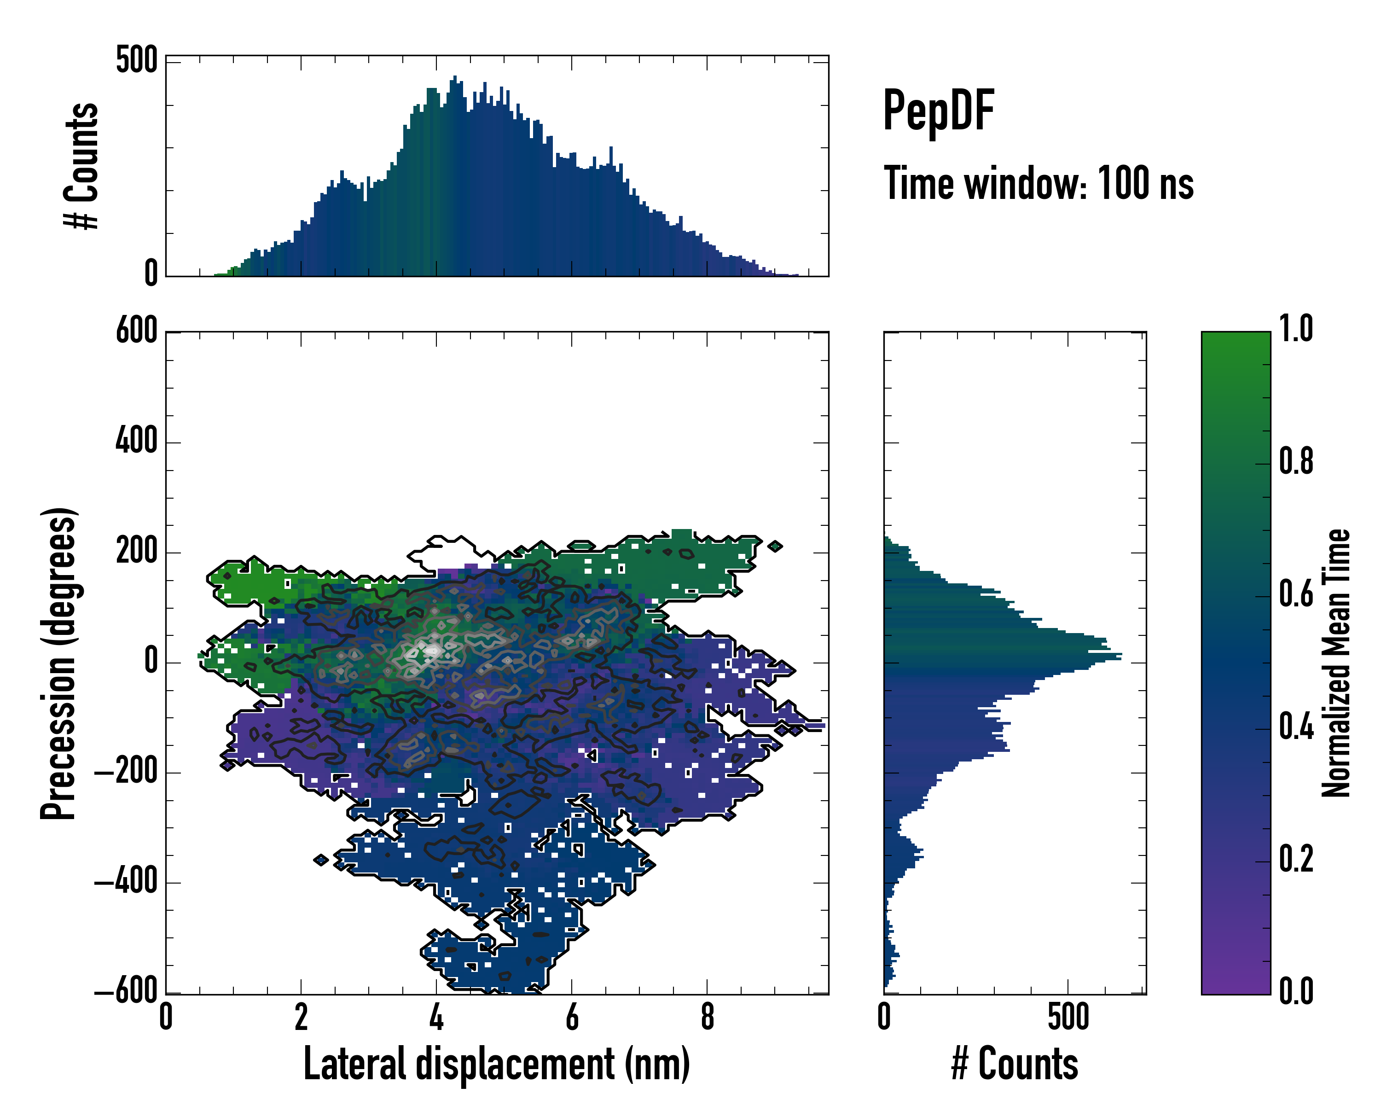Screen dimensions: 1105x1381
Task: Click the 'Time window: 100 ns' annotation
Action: click(1039, 184)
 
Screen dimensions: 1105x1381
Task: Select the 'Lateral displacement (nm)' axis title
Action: click(496, 1064)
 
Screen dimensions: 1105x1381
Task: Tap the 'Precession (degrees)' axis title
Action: click(59, 663)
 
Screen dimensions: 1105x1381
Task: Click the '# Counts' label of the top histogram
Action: click(82, 166)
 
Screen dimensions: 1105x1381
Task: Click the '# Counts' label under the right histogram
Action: click(1015, 1064)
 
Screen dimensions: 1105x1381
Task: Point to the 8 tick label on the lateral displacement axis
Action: click(707, 1017)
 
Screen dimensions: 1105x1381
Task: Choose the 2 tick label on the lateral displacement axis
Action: click(301, 1017)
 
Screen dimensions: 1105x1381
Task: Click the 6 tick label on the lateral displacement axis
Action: click(572, 1017)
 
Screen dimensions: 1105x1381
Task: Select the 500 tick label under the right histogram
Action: click(1068, 1017)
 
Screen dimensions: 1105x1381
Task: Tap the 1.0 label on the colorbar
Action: click(1296, 329)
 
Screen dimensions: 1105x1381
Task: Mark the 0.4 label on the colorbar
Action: click(1296, 728)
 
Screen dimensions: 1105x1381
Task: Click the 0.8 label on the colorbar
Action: click(1296, 462)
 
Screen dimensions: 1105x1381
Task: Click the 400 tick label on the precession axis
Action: click(136, 442)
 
